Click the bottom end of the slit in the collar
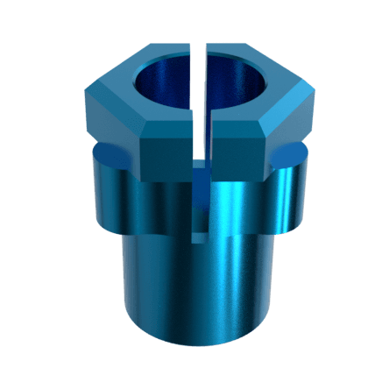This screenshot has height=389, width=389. click(202, 237)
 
